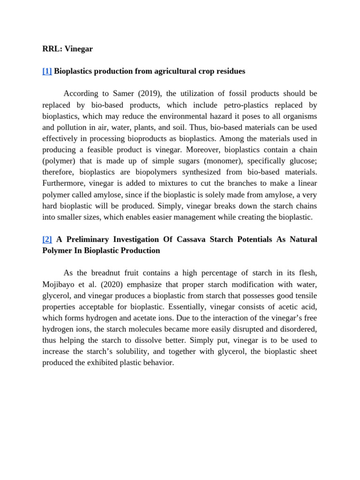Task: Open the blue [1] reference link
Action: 47,71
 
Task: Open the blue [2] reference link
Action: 47,239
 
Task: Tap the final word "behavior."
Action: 157,363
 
